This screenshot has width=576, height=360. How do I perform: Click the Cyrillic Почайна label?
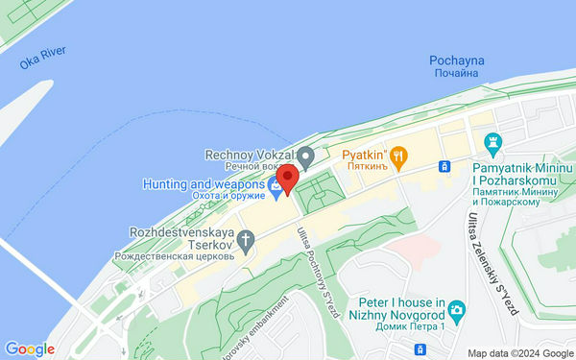456,74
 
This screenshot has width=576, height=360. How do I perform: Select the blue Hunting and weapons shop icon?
276,188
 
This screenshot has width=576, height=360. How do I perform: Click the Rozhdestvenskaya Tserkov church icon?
246,240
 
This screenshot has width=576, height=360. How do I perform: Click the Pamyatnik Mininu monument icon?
494,142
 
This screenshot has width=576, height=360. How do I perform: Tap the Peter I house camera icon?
458,310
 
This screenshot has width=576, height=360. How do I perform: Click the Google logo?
30,349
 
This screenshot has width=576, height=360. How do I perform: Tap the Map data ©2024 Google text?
516,352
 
